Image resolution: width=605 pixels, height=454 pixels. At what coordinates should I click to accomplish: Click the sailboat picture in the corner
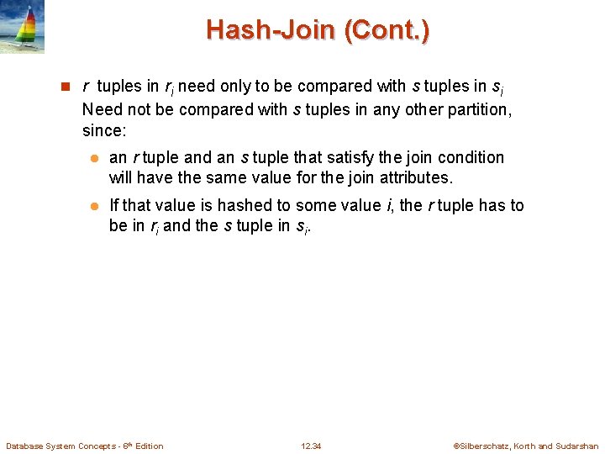(x=22, y=27)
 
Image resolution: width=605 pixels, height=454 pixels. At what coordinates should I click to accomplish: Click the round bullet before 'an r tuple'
(x=95, y=158)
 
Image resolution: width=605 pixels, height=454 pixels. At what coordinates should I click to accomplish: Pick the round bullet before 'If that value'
(x=95, y=206)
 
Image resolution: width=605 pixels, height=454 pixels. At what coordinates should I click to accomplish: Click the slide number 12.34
(x=311, y=446)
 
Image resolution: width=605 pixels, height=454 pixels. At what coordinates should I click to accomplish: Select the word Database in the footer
(x=24, y=446)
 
